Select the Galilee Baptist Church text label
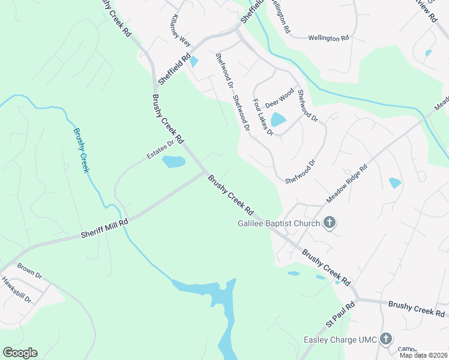(x=278, y=224)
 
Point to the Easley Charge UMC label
(x=340, y=340)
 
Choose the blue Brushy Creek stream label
(x=80, y=150)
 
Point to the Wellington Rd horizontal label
(x=328, y=38)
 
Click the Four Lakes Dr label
(x=263, y=117)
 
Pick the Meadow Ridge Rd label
(x=346, y=184)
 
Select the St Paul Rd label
(x=341, y=315)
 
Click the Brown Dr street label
(x=29, y=271)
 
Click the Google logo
(x=20, y=353)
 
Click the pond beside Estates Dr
(x=173, y=161)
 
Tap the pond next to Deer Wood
(x=278, y=119)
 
